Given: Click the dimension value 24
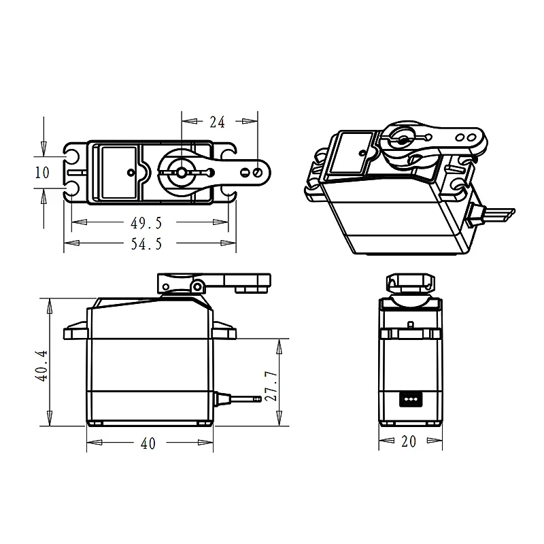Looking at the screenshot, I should coord(217,122).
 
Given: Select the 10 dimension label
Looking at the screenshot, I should coord(42,173).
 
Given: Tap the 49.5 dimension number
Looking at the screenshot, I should coord(146,223).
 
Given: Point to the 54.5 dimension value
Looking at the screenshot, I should coord(146,245).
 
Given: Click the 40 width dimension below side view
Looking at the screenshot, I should coord(148,444).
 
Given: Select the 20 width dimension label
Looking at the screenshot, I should coord(408,442).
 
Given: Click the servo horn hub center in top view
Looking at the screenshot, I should coord(182,173).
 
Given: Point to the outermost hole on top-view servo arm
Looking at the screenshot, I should coord(256,173).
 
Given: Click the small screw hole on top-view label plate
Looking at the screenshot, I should coord(131,173).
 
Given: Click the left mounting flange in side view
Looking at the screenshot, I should coord(76,332).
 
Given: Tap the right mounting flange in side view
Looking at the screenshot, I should coord(222,332).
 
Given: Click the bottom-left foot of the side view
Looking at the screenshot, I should coord(96,423).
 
